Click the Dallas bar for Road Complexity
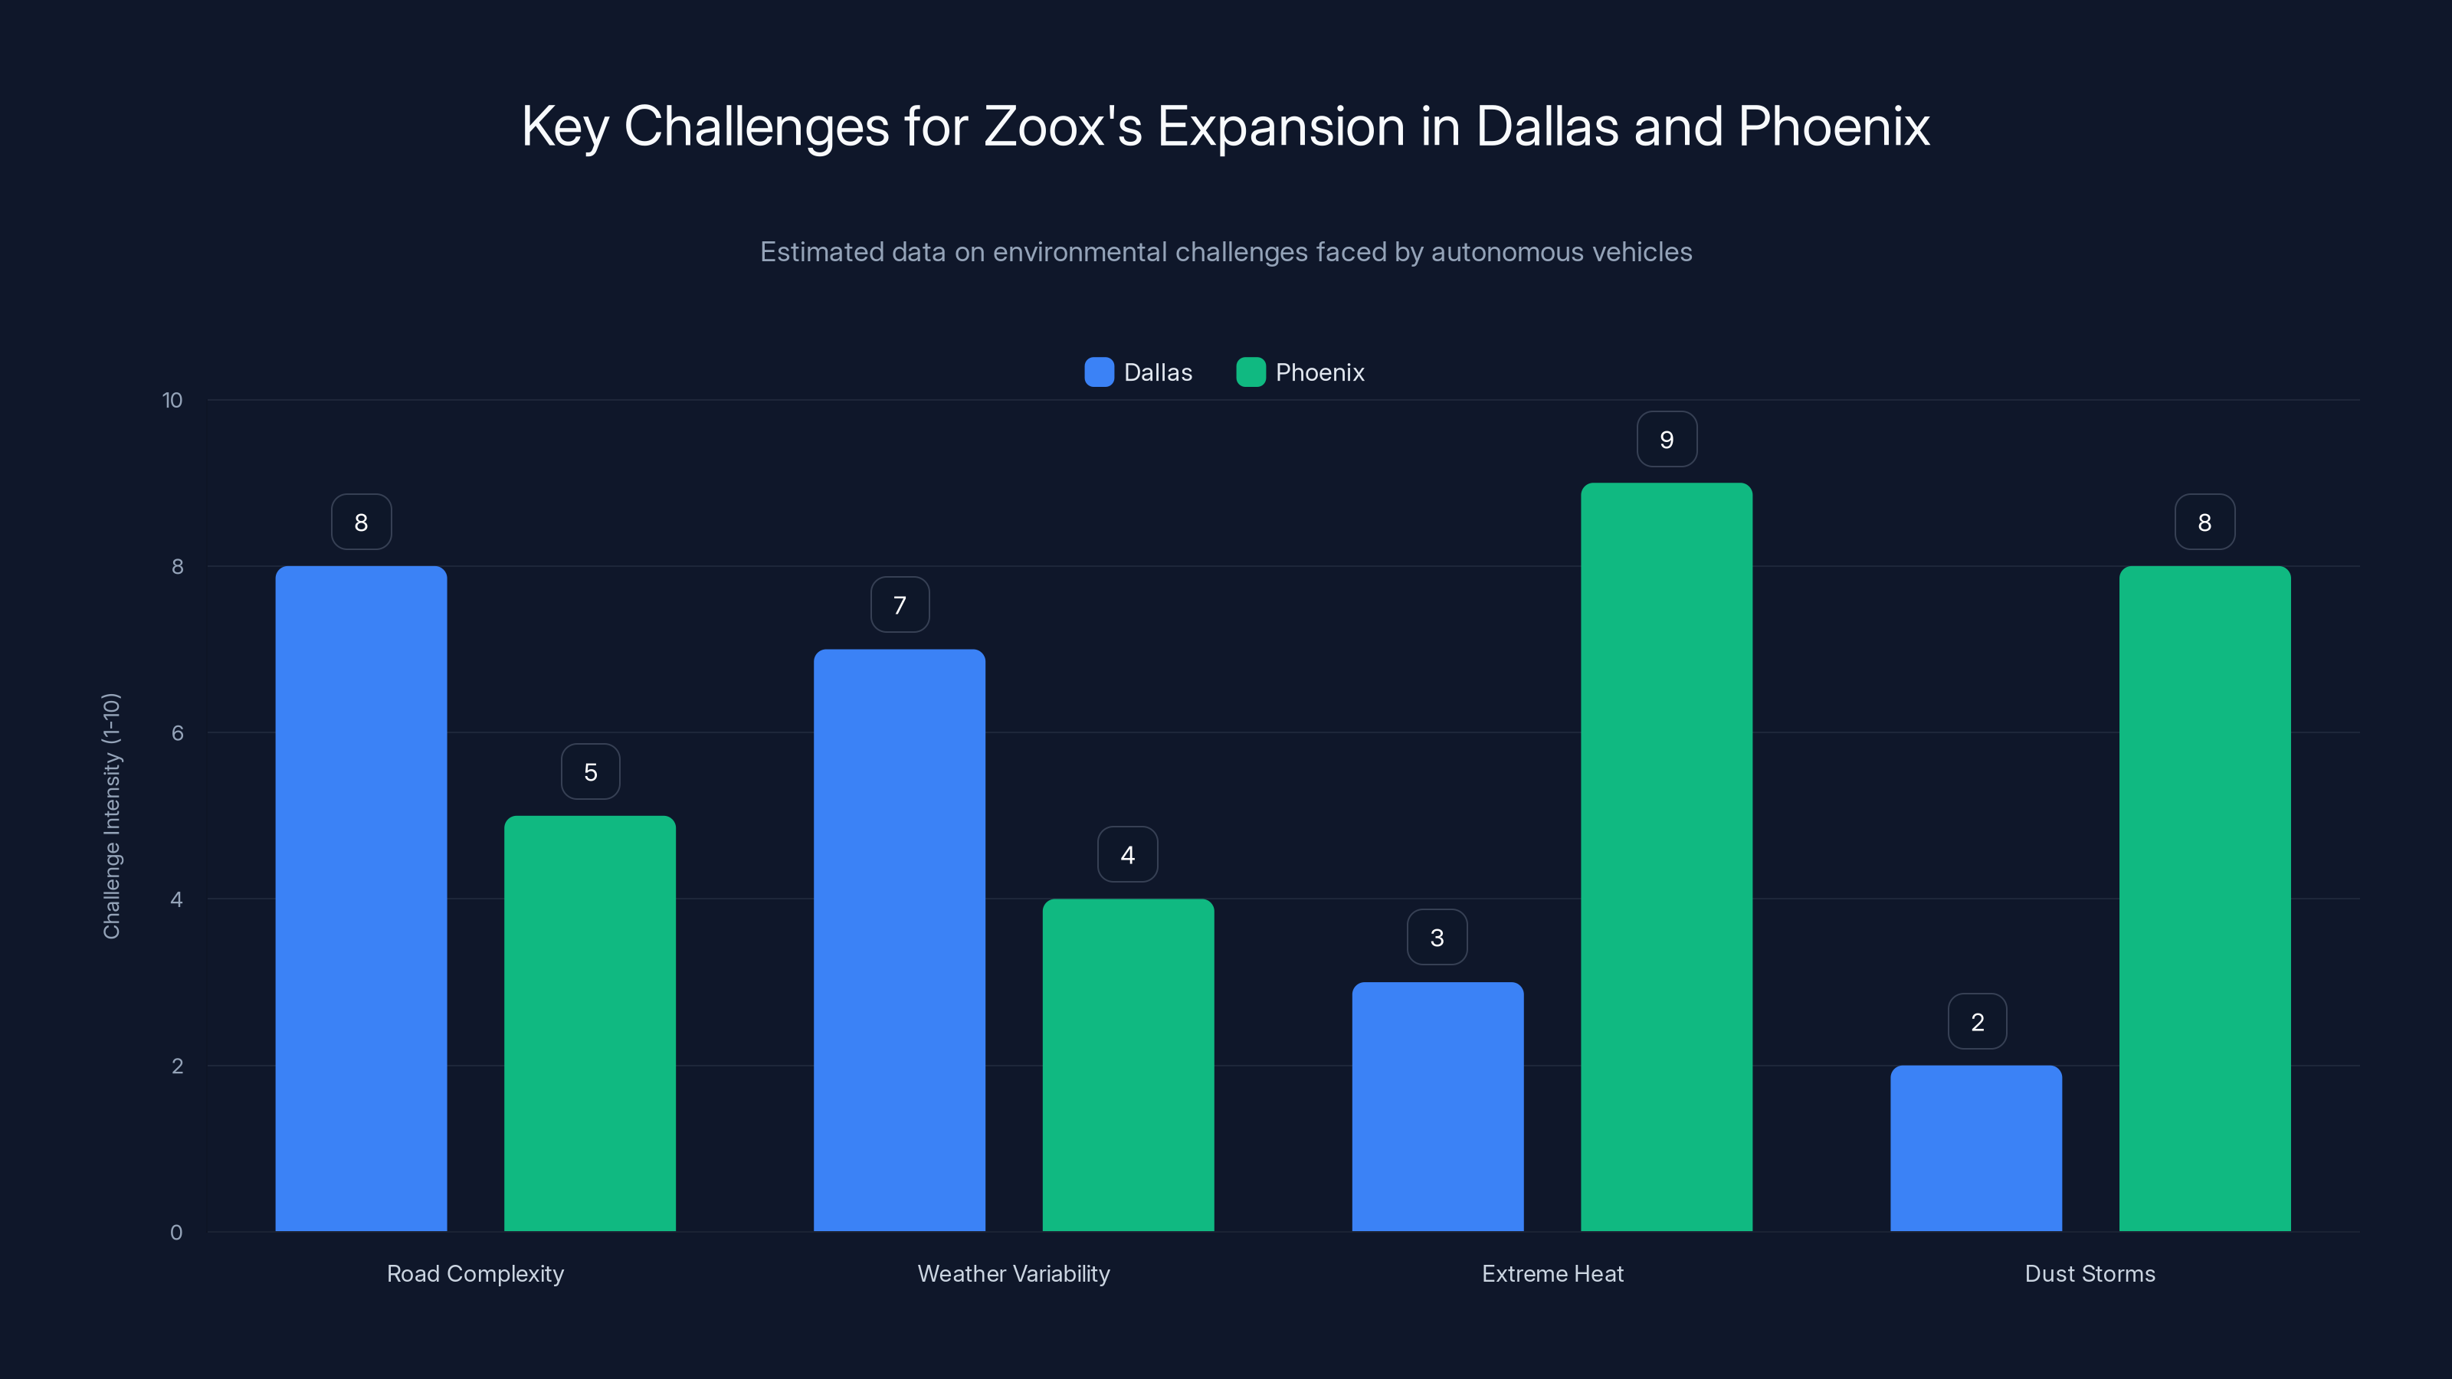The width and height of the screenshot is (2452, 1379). tap(361, 899)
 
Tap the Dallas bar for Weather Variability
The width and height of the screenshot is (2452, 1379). tap(899, 940)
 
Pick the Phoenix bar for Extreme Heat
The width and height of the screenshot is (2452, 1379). tap(1666, 857)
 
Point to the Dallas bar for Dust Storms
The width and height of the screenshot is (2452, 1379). tap(1976, 1148)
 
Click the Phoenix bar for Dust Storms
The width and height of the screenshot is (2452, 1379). tap(2205, 899)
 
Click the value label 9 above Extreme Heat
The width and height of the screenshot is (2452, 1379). tap(1666, 440)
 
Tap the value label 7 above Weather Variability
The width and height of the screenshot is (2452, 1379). tap(900, 605)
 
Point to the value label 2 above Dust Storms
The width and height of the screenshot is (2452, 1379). tap(1977, 1022)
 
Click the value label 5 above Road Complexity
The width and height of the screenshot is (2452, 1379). tap(590, 771)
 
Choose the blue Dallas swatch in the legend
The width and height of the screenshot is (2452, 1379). tap(1099, 372)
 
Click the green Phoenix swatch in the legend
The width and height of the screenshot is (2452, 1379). tap(1250, 372)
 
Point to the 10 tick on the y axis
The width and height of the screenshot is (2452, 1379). tap(172, 401)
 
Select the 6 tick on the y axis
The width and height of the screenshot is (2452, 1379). tap(177, 733)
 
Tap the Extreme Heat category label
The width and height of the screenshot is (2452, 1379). tap(1552, 1273)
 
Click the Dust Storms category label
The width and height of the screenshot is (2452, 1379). tap(2090, 1273)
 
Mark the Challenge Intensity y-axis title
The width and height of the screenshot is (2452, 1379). tap(111, 816)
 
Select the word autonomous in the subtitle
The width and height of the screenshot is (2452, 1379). tap(1506, 252)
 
